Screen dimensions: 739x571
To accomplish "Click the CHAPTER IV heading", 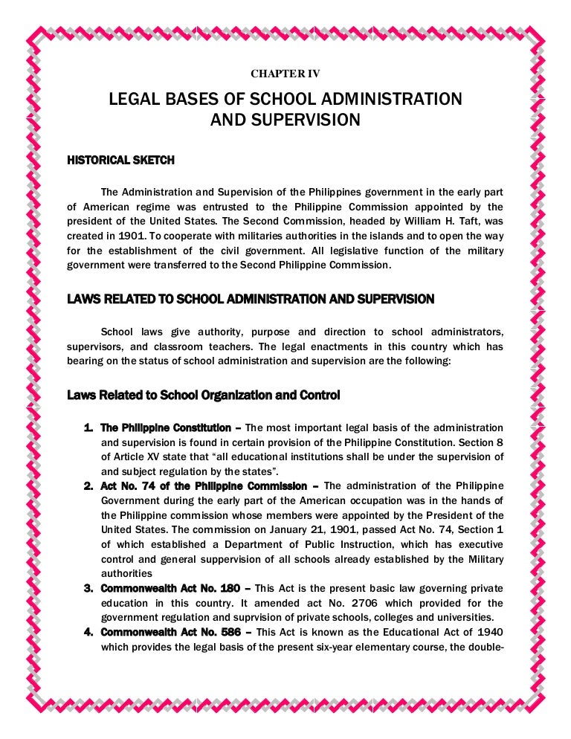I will [285, 74].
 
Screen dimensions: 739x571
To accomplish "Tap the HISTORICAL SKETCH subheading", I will [121, 160].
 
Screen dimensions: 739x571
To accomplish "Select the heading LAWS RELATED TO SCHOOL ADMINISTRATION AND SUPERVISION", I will [251, 300].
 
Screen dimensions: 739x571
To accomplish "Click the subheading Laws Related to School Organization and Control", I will [203, 396].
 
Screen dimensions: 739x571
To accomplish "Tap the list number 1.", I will [88, 428].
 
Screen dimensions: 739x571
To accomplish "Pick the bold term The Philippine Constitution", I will [166, 428].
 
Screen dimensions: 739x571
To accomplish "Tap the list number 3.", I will [88, 588].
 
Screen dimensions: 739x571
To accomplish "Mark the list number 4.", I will [88, 632].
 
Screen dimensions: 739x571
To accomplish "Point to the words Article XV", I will [129, 457].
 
